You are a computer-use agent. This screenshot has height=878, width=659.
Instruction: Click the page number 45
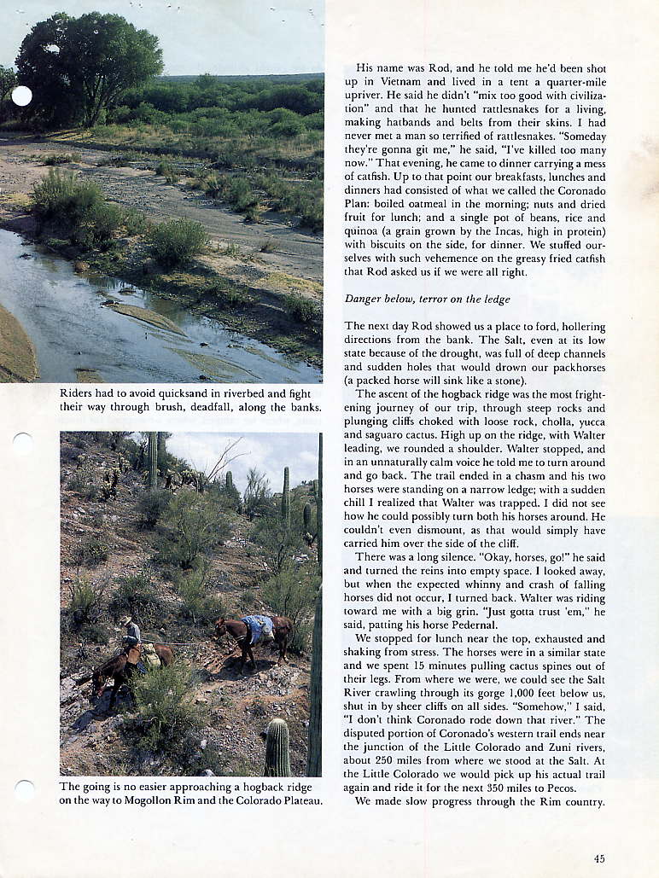[x=599, y=859]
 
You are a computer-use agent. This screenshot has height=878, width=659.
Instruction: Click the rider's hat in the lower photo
[x=127, y=619]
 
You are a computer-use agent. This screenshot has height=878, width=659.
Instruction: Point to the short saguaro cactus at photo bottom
[x=277, y=747]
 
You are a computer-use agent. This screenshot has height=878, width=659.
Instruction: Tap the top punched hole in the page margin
[x=21, y=96]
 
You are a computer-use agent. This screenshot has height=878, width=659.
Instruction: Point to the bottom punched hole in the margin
[x=23, y=790]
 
